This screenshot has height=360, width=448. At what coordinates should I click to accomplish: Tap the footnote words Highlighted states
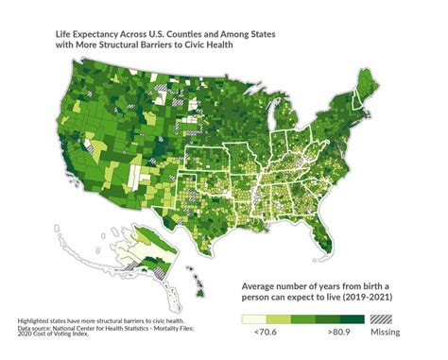[x=43, y=322]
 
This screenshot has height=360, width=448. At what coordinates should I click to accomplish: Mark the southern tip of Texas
[x=224, y=255]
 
